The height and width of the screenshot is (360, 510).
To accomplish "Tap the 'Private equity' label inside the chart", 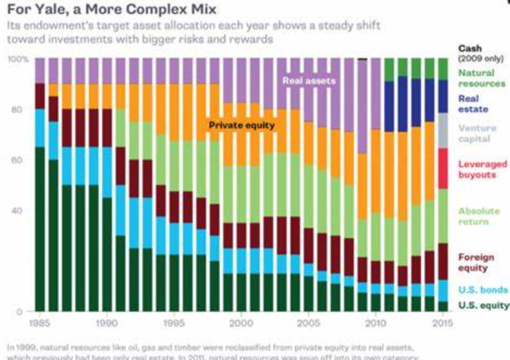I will pyautogui.click(x=242, y=125).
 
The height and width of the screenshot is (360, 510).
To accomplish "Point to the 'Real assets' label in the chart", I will pyautogui.click(x=309, y=80).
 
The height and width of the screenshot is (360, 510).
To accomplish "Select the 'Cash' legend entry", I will pyautogui.click(x=471, y=48).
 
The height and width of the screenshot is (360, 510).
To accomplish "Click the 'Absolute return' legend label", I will pyautogui.click(x=479, y=216).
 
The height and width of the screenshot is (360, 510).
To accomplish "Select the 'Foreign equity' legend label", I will pyautogui.click(x=476, y=262).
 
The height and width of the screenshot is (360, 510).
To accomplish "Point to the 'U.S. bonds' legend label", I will pyautogui.click(x=482, y=289).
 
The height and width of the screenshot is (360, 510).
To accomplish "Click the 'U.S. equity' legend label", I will pyautogui.click(x=482, y=305).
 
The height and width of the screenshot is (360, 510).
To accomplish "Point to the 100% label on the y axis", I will pyautogui.click(x=19, y=58).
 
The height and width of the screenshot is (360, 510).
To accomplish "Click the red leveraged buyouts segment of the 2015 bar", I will pyautogui.click(x=442, y=168).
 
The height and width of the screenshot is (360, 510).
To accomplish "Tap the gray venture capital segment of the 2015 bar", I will pyautogui.click(x=442, y=130).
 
